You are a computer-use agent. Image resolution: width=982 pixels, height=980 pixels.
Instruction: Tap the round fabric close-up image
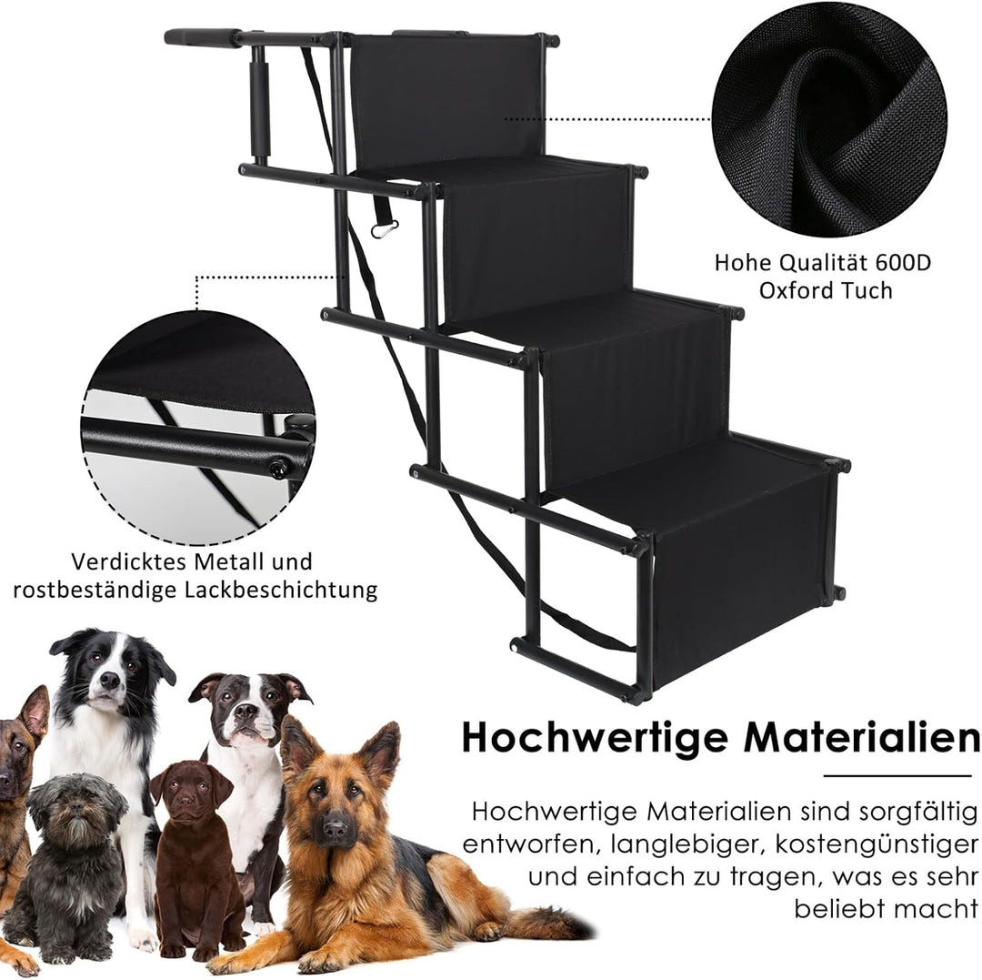828,119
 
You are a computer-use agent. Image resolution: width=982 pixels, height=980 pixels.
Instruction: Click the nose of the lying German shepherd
335,829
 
